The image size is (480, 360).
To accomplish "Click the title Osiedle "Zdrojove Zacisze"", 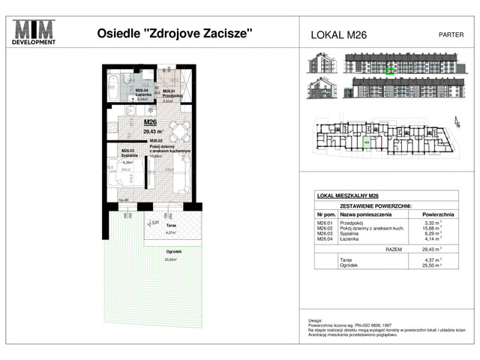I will pyautogui.click(x=175, y=33).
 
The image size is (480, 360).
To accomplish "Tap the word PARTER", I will pyautogui.click(x=450, y=34).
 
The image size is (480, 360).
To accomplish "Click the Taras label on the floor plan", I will pyautogui.click(x=171, y=225).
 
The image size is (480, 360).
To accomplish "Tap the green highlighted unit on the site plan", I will pyautogui.click(x=367, y=140).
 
